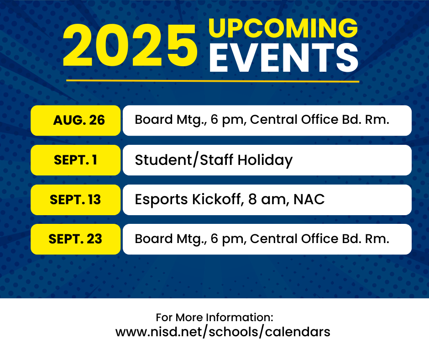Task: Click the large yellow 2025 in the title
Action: click(x=131, y=45)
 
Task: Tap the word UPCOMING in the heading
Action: click(x=283, y=28)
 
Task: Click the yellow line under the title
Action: click(x=213, y=81)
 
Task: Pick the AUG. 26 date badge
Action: click(x=76, y=121)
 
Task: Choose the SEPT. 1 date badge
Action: click(x=76, y=160)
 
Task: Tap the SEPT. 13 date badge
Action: click(x=76, y=200)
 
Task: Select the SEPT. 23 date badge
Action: click(x=76, y=239)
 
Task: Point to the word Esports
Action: click(x=161, y=200)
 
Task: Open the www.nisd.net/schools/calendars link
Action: click(x=223, y=332)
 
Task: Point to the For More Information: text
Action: click(x=214, y=317)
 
